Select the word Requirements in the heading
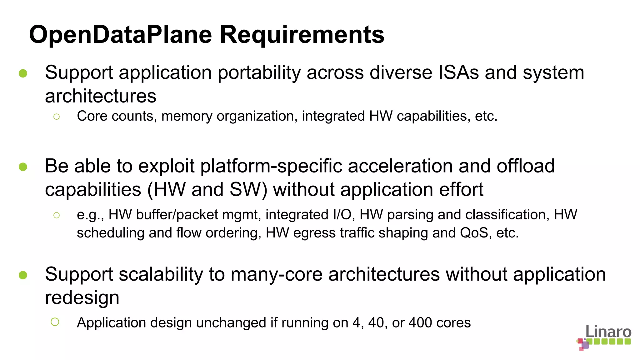point(302,35)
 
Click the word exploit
point(166,166)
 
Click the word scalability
point(161,275)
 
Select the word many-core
point(277,275)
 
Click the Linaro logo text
point(608,331)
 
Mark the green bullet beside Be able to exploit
point(23,167)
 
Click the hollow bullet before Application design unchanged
point(55,322)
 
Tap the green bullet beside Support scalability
point(23,275)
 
